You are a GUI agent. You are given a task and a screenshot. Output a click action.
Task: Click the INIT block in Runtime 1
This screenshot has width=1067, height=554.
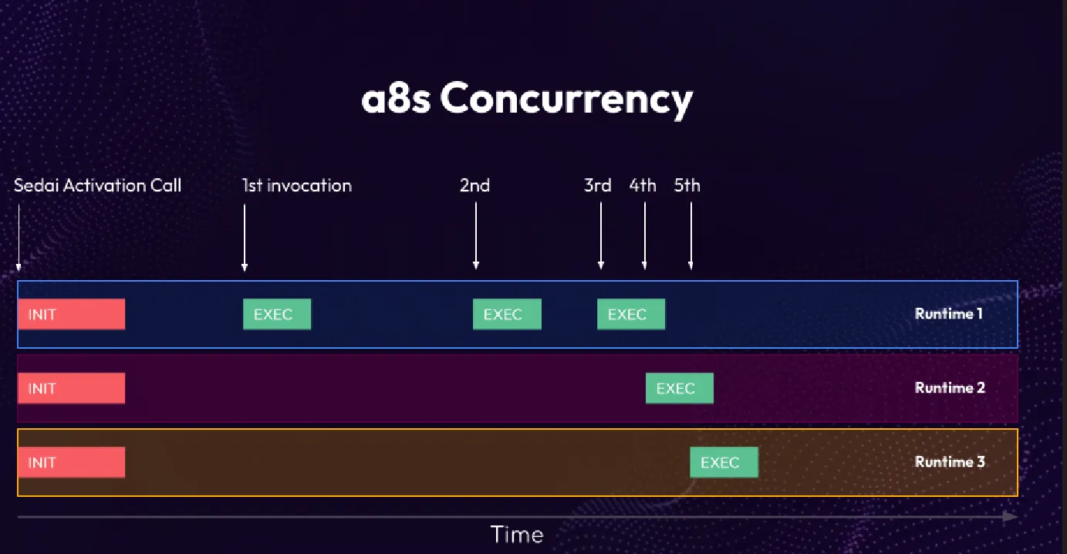[x=71, y=314]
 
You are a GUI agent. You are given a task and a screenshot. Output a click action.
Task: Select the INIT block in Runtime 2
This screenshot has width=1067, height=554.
[x=71, y=388]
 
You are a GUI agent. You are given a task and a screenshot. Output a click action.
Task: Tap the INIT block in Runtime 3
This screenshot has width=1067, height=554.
[x=71, y=462]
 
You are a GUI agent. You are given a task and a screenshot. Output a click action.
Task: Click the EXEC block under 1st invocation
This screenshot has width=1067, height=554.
[x=277, y=314]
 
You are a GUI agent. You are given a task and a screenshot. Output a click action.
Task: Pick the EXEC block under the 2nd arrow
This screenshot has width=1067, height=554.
[x=507, y=314]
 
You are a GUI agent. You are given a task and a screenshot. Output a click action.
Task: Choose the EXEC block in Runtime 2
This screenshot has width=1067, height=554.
[x=679, y=388]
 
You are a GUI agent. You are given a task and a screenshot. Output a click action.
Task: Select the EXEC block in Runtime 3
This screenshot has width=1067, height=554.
[x=724, y=462]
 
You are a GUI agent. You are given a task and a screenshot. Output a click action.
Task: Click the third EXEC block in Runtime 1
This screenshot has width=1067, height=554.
[x=630, y=314]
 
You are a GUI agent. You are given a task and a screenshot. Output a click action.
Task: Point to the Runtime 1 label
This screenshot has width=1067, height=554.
[x=948, y=314]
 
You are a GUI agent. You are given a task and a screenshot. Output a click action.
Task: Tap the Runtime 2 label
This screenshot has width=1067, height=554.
[x=950, y=388]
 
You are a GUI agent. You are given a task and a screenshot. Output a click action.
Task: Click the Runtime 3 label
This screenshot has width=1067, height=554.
[x=950, y=462]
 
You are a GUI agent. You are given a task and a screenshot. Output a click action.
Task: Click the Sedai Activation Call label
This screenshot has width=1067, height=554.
[x=98, y=186]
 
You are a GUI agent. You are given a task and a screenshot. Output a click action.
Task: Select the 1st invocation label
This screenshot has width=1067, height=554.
[x=297, y=186]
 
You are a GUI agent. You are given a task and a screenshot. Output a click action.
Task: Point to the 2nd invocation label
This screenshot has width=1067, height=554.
[x=475, y=186]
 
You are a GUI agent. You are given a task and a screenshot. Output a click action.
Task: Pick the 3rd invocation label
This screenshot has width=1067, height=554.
[x=598, y=186]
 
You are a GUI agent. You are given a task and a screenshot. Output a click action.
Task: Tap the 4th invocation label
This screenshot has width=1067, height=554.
[x=643, y=186]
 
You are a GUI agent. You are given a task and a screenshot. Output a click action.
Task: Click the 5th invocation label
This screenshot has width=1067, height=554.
[x=687, y=186]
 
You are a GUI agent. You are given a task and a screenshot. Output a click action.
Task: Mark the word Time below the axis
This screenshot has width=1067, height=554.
[x=517, y=535]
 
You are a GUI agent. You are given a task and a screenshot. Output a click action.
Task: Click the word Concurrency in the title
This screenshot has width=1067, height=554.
[x=566, y=100]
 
